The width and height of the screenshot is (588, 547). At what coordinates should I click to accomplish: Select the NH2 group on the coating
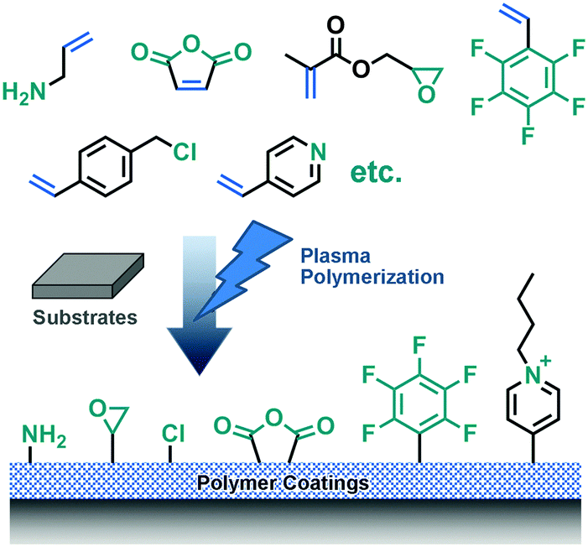43,435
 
